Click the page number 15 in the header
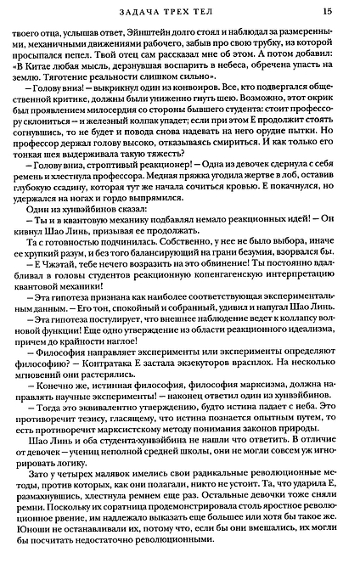click(328, 11)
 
